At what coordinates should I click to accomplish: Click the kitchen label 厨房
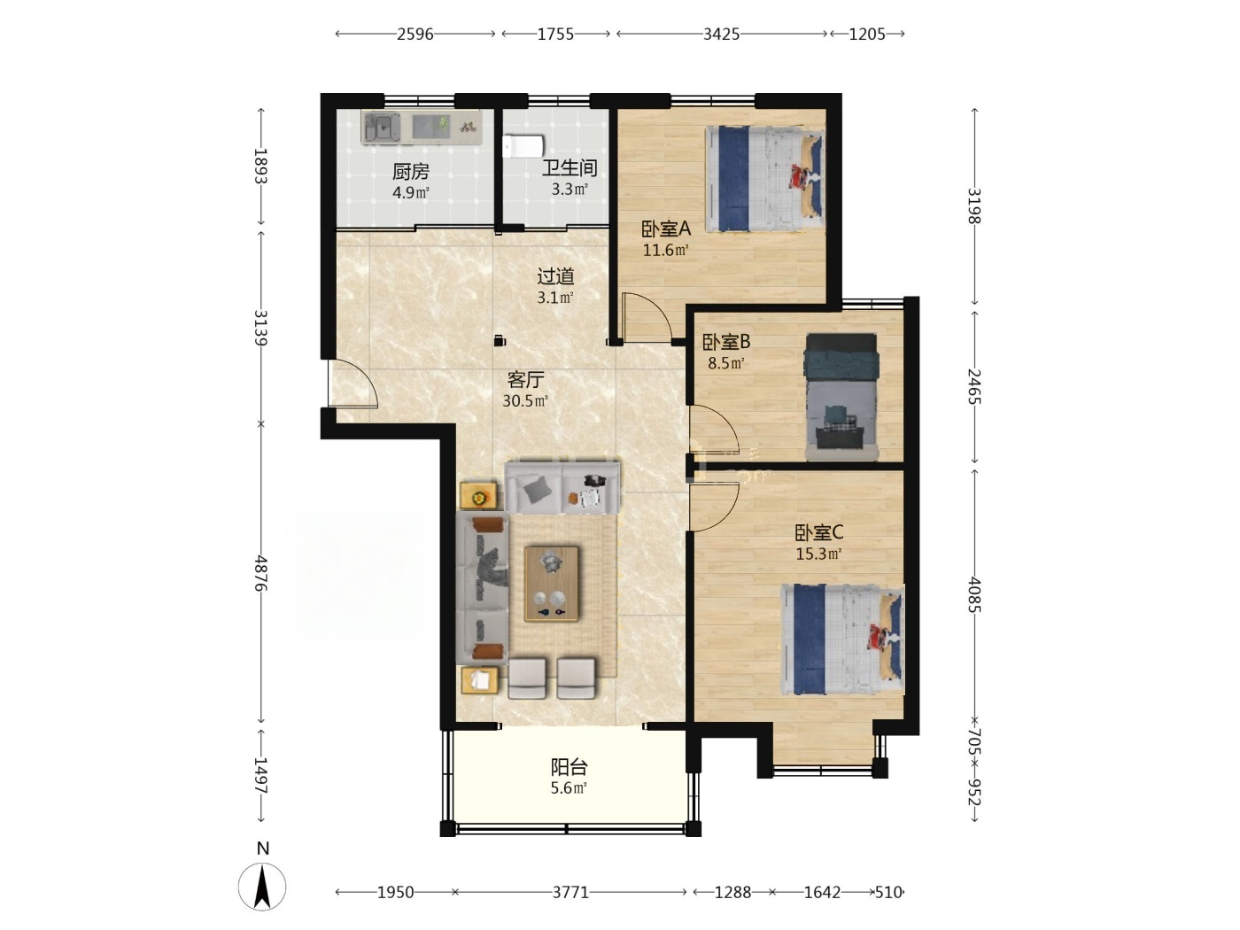pos(411,171)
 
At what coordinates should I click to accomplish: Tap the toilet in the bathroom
pos(523,146)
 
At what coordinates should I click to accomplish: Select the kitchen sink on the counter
pos(383,128)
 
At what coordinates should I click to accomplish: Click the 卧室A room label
pos(666,229)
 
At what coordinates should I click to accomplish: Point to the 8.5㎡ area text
pos(726,362)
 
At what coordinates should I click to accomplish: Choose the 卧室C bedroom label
pos(818,532)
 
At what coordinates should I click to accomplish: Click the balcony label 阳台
pos(569,767)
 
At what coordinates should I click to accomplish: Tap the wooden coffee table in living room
pos(552,584)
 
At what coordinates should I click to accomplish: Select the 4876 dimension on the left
pos(260,572)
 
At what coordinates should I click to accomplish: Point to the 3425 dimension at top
pos(721,35)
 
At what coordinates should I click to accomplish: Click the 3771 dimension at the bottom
pos(570,892)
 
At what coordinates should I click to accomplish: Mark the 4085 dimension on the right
pos(974,594)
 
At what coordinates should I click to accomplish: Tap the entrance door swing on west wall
pos(353,383)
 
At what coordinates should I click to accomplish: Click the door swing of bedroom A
pos(647,317)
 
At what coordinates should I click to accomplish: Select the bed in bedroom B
pos(841,397)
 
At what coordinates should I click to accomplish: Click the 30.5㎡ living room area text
pos(525,401)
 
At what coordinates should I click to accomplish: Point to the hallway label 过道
pos(555,276)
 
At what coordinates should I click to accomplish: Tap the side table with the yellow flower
pos(479,496)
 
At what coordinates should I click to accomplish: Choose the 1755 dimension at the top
pos(555,35)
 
